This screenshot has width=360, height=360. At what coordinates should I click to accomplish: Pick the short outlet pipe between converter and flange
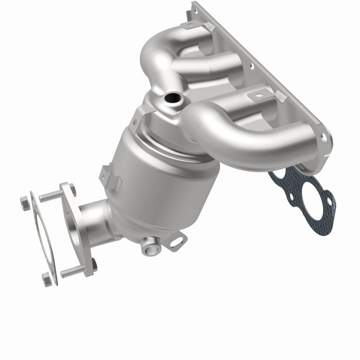click(97, 216)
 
